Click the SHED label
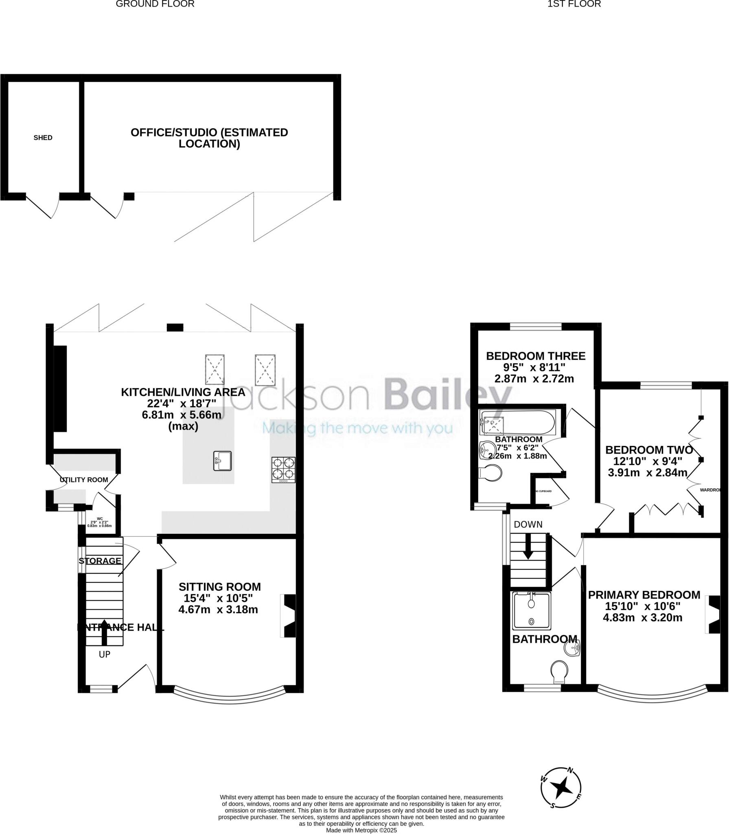43,138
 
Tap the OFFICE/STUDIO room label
209,138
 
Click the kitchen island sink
222,461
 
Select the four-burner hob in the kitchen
284,470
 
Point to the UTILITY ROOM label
84,480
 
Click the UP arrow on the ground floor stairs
105,633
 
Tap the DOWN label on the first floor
528,525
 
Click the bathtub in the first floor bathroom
517,423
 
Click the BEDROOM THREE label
536,356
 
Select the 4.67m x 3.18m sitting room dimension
218,610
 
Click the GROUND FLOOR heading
155,4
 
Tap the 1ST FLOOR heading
574,4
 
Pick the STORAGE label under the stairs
100,561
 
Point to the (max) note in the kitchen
183,426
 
